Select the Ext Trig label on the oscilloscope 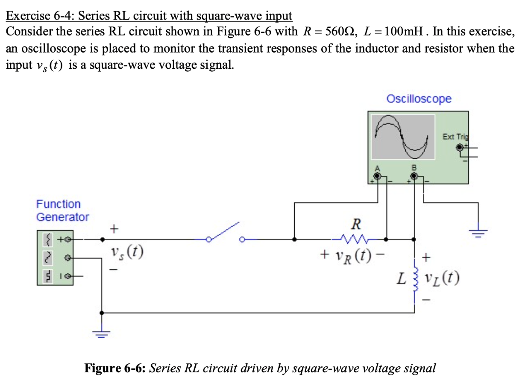tap(455, 137)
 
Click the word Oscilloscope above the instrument tap(419, 99)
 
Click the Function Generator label tap(62, 211)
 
